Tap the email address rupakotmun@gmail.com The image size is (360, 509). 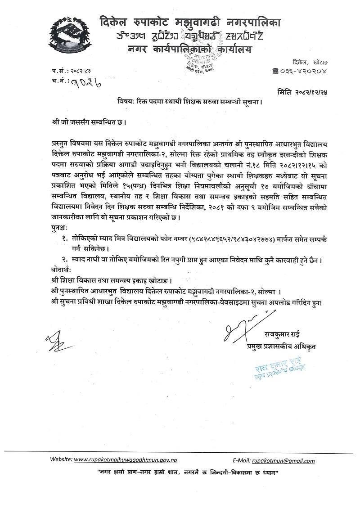click(283, 461)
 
